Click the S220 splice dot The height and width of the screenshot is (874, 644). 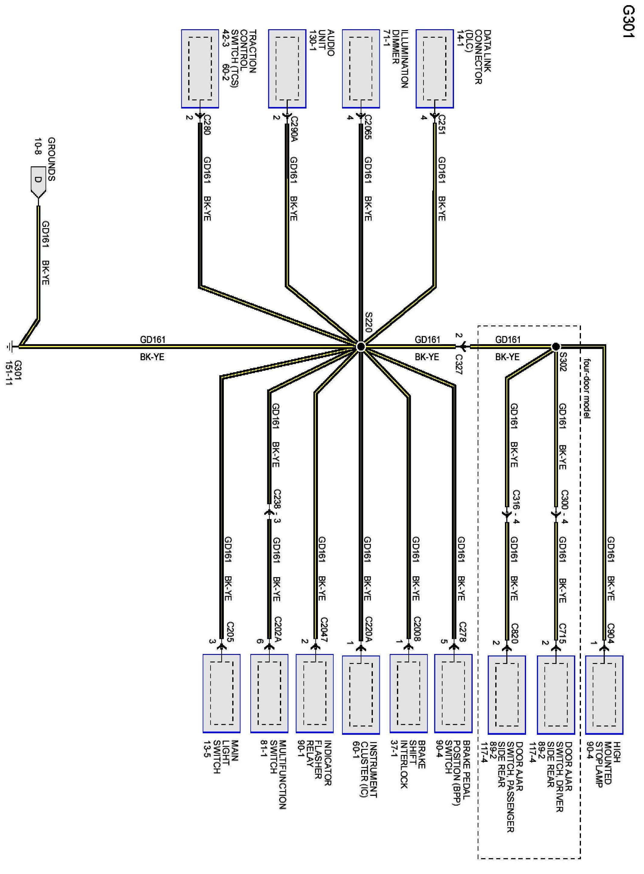[360, 346]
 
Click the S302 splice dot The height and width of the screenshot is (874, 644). [556, 346]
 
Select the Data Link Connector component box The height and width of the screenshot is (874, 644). [434, 68]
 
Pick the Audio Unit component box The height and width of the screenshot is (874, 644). [287, 68]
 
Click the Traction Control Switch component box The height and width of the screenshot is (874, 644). [200, 68]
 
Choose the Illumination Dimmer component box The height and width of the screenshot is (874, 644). [360, 68]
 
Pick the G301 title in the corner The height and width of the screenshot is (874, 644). [629, 21]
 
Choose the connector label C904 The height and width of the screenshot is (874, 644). [611, 633]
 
